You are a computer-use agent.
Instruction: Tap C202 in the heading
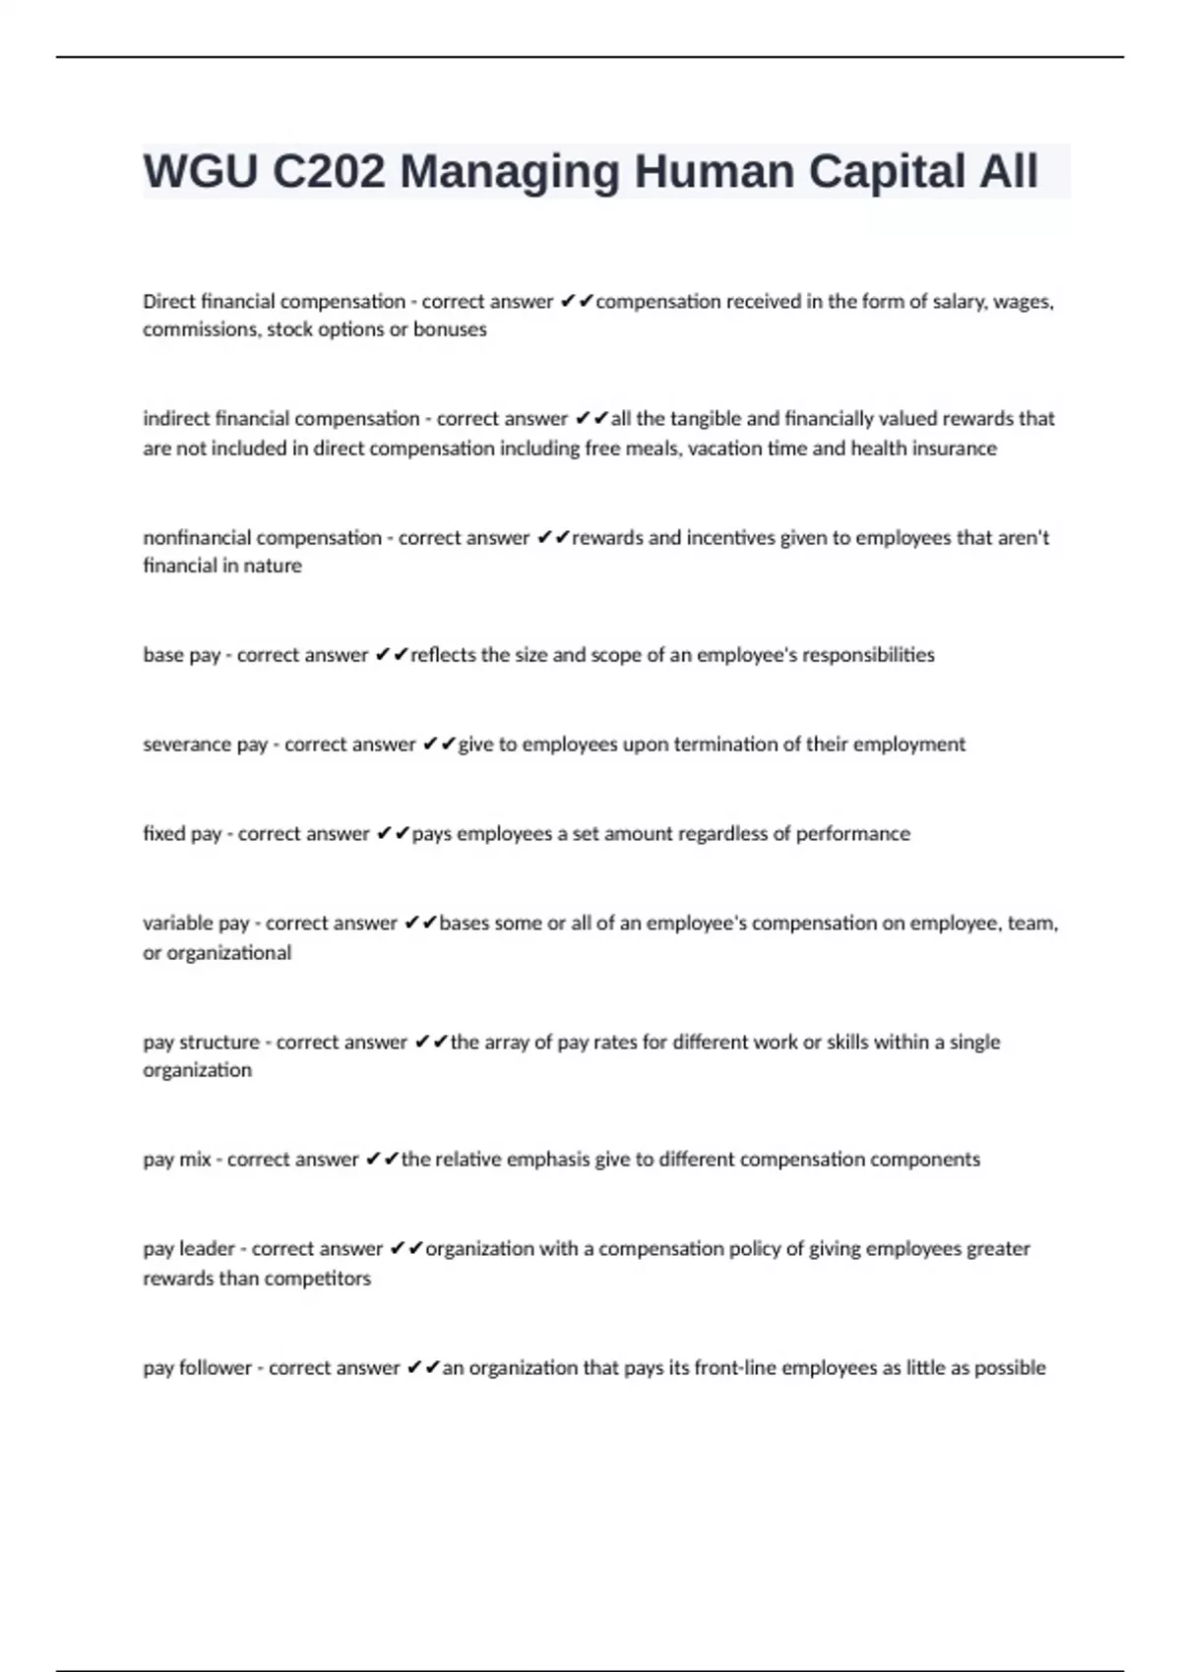click(x=329, y=172)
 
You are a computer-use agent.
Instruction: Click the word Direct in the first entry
click(x=169, y=302)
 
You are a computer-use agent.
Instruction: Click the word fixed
click(x=163, y=834)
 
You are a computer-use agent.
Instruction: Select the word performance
click(x=852, y=834)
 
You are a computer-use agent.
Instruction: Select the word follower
click(x=215, y=1368)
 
